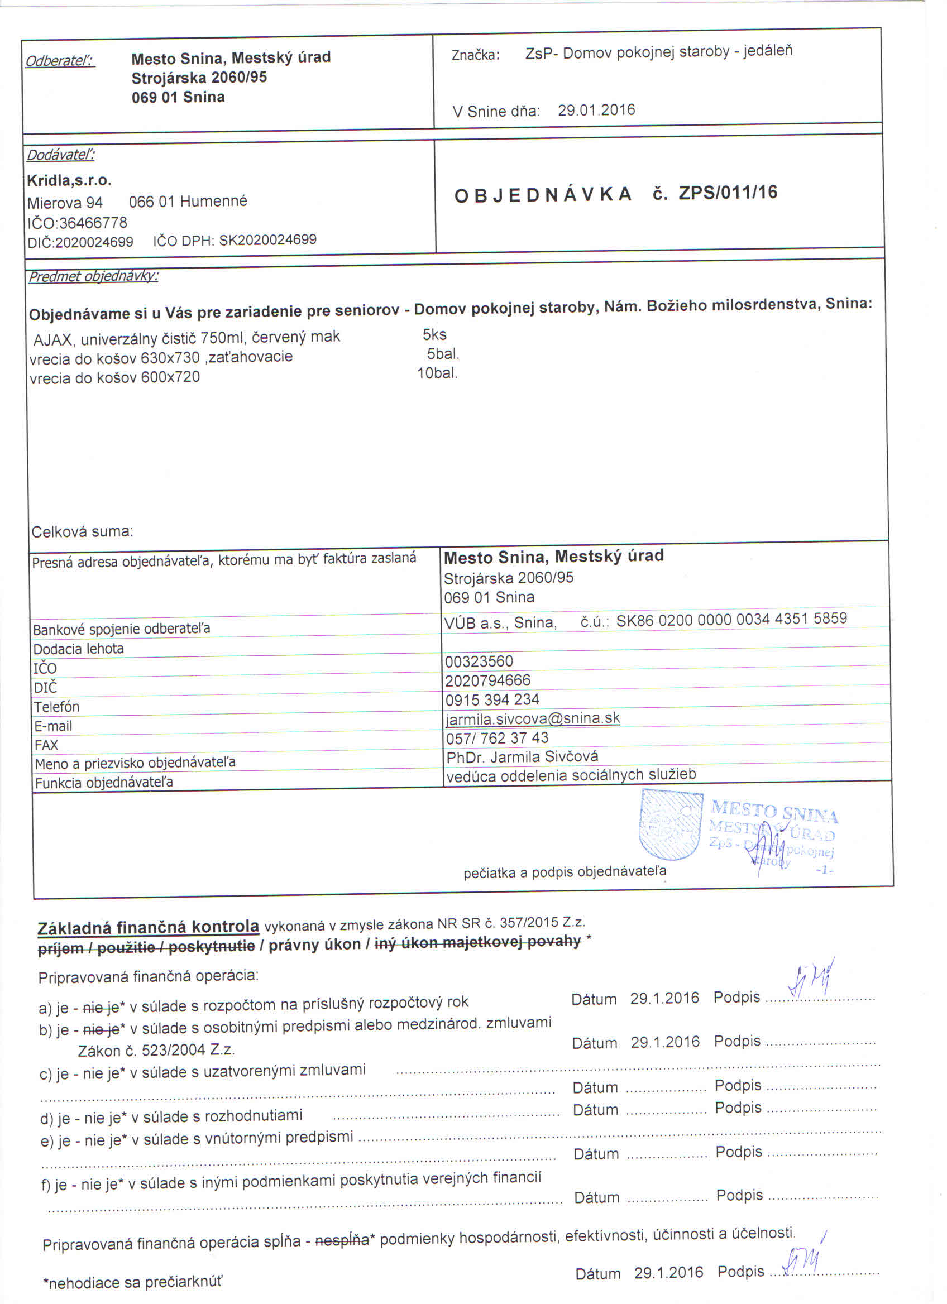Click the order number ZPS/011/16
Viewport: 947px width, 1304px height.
(728, 192)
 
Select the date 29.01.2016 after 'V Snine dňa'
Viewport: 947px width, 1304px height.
(596, 110)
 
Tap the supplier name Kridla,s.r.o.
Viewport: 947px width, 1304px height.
(69, 180)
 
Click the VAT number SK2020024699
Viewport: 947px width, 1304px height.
(267, 240)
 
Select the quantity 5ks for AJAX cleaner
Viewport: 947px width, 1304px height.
(434, 334)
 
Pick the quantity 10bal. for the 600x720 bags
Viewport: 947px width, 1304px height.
(437, 373)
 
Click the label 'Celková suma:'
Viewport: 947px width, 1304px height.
(82, 531)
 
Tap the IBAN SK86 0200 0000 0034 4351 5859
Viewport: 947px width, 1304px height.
(731, 619)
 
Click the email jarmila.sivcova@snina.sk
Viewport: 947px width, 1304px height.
(533, 718)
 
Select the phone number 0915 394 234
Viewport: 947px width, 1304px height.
(491, 699)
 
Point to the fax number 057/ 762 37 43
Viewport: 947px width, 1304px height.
(497, 737)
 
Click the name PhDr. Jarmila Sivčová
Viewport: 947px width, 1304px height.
(522, 756)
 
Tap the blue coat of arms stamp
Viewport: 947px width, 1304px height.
(671, 823)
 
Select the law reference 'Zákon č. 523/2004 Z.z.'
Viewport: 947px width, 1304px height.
(156, 1050)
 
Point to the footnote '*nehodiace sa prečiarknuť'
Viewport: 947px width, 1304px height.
(132, 1282)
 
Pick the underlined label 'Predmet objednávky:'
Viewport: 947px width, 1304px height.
(93, 276)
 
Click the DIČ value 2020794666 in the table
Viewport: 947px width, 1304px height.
(487, 680)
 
